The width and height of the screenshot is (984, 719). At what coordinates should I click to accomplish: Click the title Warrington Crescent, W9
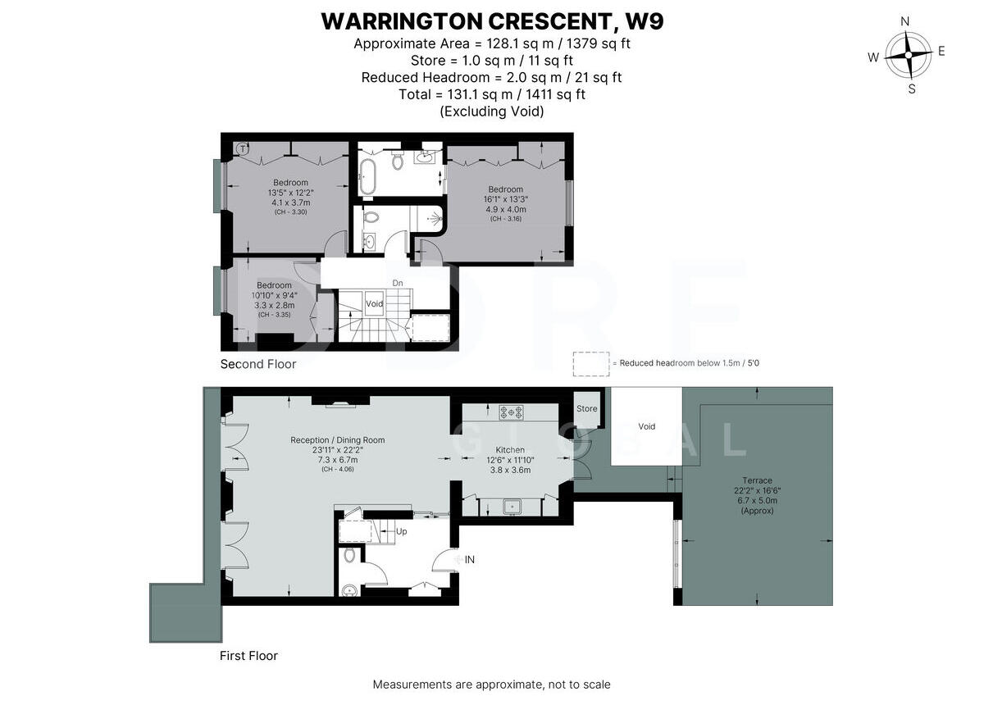click(492, 21)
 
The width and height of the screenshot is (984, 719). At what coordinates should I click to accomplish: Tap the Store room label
click(586, 408)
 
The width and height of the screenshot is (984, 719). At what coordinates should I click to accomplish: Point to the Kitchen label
click(510, 450)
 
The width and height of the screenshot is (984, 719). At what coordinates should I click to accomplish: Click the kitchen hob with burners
click(512, 412)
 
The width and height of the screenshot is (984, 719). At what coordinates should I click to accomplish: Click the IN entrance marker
click(470, 560)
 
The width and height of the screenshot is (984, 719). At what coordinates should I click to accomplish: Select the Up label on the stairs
click(401, 531)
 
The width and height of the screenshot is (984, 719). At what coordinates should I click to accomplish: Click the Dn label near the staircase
click(398, 284)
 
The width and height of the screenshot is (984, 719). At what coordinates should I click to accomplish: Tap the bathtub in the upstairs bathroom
click(368, 176)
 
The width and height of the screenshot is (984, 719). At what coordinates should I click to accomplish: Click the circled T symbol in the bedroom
click(242, 149)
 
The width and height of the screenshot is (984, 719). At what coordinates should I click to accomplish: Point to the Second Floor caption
click(257, 364)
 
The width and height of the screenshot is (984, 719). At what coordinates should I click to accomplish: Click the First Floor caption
click(248, 656)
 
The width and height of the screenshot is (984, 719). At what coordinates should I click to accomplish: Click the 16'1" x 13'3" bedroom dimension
click(505, 199)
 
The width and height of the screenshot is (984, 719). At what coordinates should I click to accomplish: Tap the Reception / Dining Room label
click(337, 440)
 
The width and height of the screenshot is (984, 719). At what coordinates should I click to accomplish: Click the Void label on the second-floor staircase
click(374, 304)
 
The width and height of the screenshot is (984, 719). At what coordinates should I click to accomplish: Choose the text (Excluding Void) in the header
click(492, 111)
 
